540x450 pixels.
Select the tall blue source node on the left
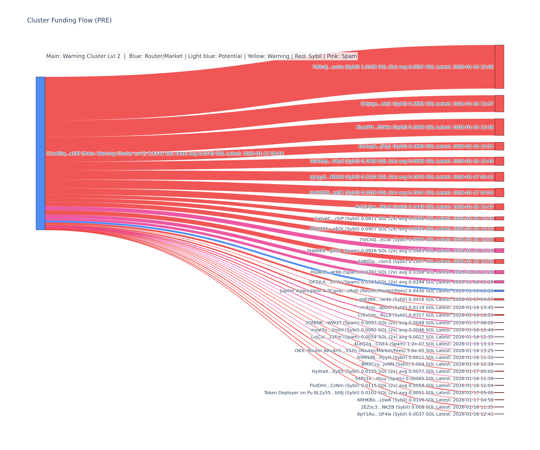click(40, 153)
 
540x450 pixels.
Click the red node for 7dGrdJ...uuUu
click(499, 67)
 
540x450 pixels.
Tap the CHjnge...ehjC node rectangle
click(499, 104)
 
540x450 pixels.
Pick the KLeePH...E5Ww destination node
click(499, 127)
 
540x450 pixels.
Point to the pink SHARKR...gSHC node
click(499, 250)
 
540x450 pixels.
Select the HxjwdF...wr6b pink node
click(499, 272)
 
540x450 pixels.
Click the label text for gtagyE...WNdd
click(401, 177)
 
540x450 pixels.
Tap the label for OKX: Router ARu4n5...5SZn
click(394, 351)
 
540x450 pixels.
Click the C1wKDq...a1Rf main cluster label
click(165, 153)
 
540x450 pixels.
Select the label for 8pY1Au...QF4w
click(425, 414)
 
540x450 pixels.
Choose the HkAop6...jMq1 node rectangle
click(499, 146)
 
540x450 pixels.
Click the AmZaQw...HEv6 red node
click(499, 207)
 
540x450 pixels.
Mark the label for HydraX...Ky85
click(403, 371)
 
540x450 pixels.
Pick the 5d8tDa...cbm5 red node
click(499, 261)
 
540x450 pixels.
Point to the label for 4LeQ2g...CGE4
click(423, 344)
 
